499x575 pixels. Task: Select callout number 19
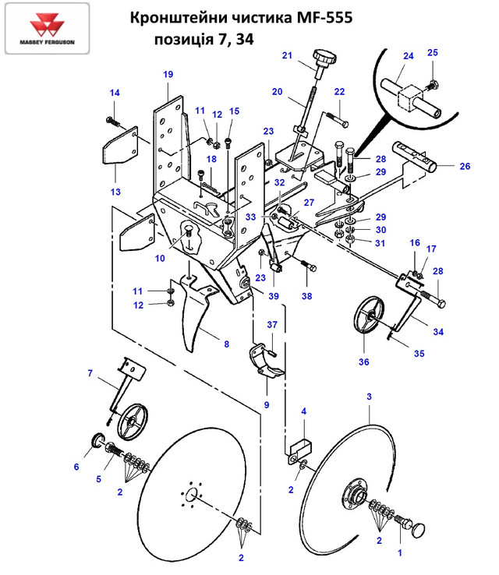[x=168, y=75]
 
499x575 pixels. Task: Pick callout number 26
[x=464, y=165]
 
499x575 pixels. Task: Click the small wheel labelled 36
[x=364, y=320]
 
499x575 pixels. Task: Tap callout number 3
[x=369, y=397]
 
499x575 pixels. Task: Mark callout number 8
[x=226, y=344]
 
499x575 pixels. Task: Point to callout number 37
[x=273, y=324]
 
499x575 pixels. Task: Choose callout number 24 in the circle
[x=408, y=57]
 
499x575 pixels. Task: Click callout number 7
[x=90, y=374]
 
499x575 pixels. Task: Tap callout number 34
[x=438, y=333]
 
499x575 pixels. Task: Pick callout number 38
[x=307, y=297]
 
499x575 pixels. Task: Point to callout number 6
[x=76, y=467]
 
